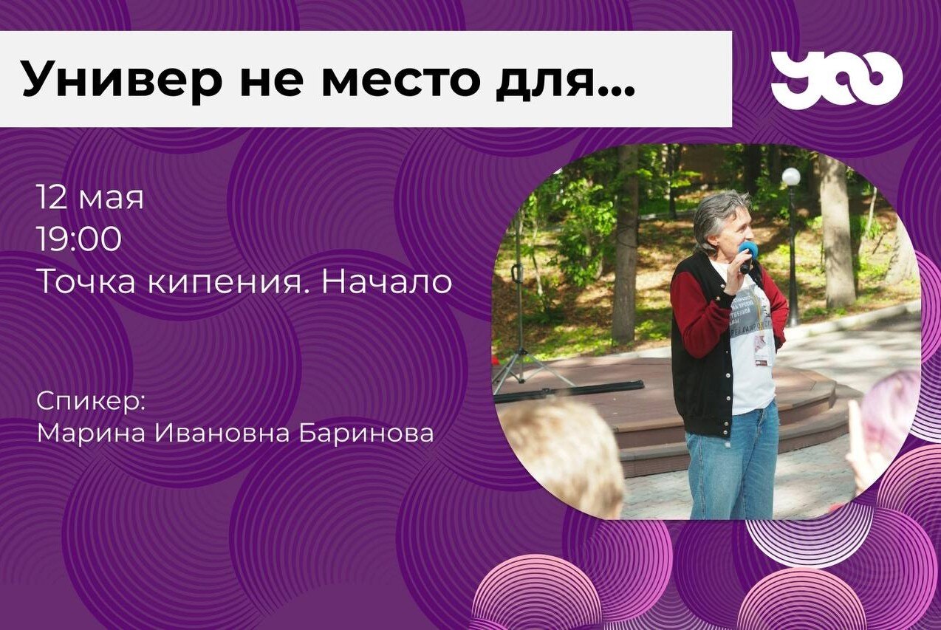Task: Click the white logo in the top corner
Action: [x=836, y=80]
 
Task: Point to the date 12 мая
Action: [x=89, y=198]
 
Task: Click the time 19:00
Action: [x=78, y=240]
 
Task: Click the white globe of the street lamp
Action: [x=791, y=177]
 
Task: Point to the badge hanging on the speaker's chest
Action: [x=762, y=347]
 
